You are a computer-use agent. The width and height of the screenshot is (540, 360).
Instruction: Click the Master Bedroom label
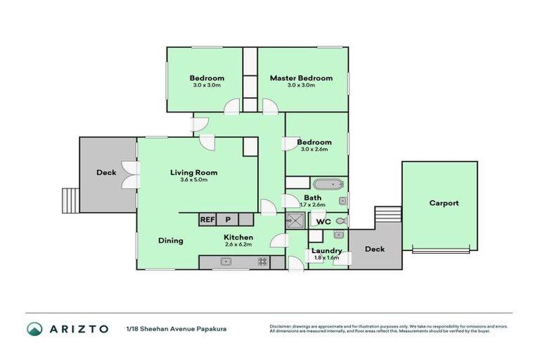(x=300, y=78)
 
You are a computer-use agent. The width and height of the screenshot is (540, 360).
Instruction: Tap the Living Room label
(x=193, y=172)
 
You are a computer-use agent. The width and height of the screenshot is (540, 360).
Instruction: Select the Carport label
(x=444, y=203)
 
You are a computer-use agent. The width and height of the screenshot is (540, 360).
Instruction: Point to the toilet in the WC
(x=340, y=221)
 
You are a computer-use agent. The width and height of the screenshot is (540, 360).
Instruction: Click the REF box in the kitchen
(x=207, y=219)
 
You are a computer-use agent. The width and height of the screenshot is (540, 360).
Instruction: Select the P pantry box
(x=228, y=219)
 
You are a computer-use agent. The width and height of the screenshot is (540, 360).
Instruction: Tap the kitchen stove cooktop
(x=262, y=262)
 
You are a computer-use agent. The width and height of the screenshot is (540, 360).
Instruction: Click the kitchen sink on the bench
(x=226, y=262)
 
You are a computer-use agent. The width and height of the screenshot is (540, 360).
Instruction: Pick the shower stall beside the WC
(x=294, y=221)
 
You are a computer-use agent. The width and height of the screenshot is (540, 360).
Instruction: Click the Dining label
(x=170, y=240)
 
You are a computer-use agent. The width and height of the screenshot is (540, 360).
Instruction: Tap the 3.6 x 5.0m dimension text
(x=193, y=180)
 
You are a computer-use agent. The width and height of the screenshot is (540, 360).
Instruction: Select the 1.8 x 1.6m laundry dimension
(x=327, y=258)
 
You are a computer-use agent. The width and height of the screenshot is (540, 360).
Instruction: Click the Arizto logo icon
(x=34, y=328)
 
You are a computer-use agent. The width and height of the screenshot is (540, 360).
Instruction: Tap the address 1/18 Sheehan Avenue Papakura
(x=176, y=328)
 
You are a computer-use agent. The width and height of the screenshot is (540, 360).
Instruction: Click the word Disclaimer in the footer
(x=283, y=326)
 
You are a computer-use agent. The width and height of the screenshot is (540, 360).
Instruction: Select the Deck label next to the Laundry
(x=375, y=249)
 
